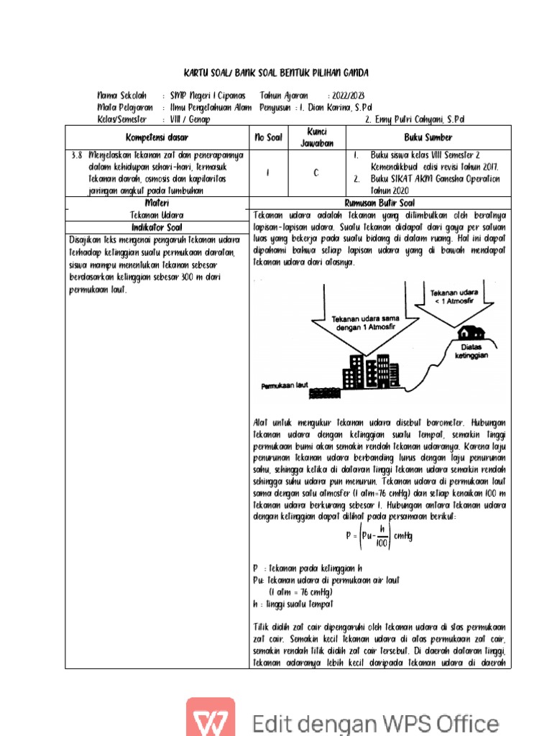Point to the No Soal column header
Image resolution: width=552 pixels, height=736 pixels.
click(x=268, y=137)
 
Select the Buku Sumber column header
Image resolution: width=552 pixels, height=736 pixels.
click(x=428, y=137)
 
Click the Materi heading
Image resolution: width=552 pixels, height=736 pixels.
click(x=157, y=203)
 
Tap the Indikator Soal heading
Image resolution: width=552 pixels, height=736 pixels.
click(x=157, y=227)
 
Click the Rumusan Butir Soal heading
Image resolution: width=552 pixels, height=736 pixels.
click(x=379, y=203)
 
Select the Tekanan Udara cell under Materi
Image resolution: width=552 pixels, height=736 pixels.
click(x=157, y=215)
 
